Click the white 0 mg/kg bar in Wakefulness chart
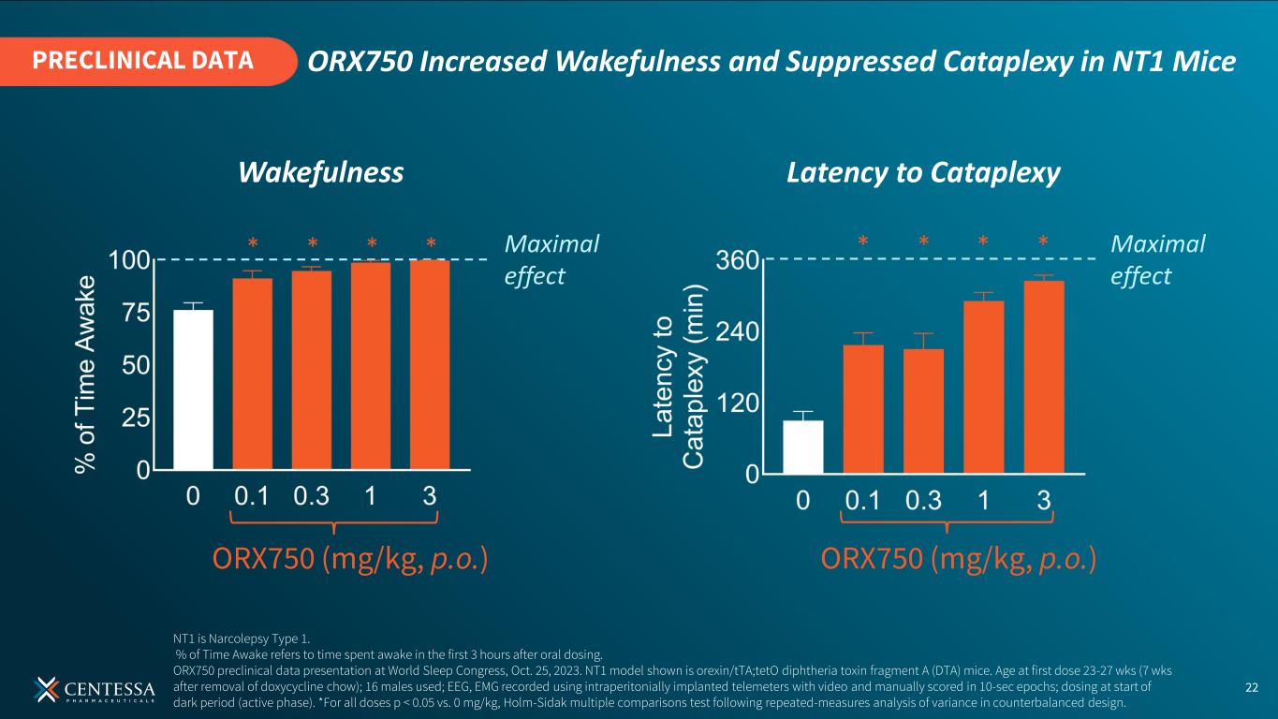(194, 389)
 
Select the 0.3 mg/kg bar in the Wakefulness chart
(312, 371)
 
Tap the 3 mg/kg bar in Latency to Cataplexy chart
(1044, 376)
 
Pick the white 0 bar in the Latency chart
(802, 447)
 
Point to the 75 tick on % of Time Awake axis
(136, 314)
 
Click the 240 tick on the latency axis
(737, 331)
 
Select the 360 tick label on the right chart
(737, 260)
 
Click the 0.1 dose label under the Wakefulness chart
(252, 496)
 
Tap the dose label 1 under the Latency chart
(983, 501)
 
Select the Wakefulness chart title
(320, 172)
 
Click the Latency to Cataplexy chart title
(923, 173)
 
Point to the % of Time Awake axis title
(85, 374)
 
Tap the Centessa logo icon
(46, 689)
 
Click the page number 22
(1252, 687)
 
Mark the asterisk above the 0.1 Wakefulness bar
(253, 243)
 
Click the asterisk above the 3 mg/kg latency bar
(1044, 242)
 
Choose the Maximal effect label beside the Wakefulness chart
(551, 259)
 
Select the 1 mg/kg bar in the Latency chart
(984, 387)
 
